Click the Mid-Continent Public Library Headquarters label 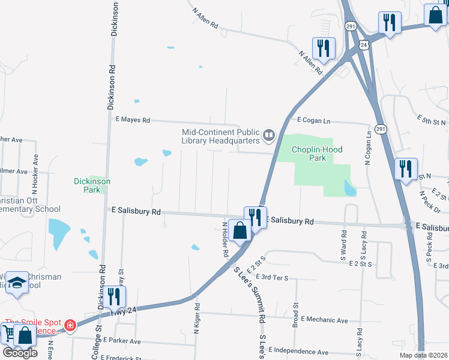click(221, 136)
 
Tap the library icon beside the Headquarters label click(268, 137)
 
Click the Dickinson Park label click(92, 185)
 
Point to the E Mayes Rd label click(132, 120)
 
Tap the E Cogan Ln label click(313, 121)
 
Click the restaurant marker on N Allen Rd click(324, 47)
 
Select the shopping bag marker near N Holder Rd click(240, 230)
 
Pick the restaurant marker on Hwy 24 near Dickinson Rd click(113, 296)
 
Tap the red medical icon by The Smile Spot click(71, 325)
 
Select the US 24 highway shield click(364, 45)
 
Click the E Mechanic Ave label click(325, 320)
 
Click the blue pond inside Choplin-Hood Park click(350, 189)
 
